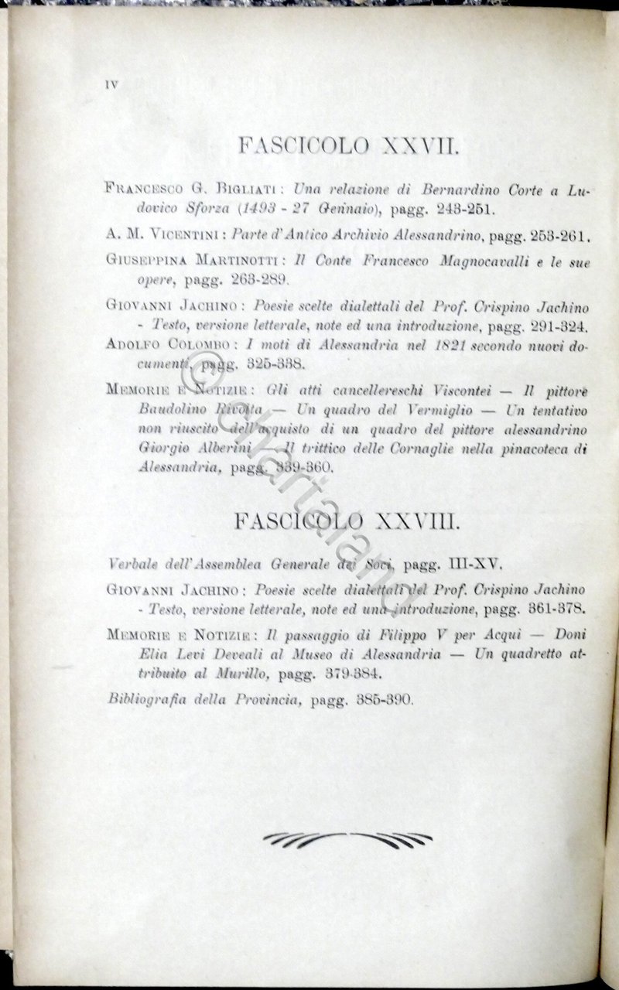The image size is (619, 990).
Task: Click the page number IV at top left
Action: click(111, 85)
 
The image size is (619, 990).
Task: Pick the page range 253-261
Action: click(557, 235)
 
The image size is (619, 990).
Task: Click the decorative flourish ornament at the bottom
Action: click(347, 838)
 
